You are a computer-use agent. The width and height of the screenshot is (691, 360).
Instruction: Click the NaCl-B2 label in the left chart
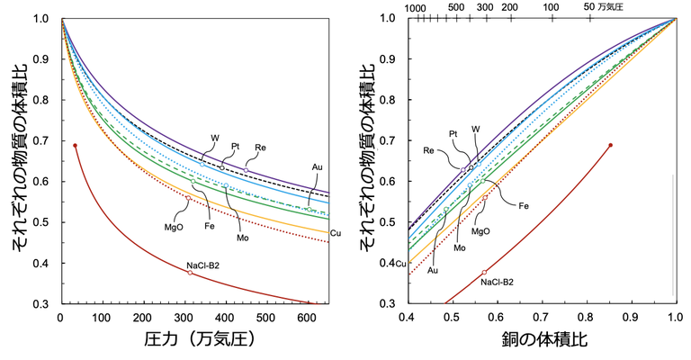coord(203,265)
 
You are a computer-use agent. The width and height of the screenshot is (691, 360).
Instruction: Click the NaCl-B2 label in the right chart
coord(497,282)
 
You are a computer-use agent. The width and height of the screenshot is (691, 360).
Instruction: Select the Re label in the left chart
coord(260,146)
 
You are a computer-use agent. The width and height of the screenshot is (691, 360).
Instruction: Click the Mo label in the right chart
coord(460,247)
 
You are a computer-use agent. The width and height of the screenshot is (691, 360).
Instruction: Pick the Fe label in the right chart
coord(523,206)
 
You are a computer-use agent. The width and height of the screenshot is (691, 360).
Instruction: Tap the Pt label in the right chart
coord(453,133)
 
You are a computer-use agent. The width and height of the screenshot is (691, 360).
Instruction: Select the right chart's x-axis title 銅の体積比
coord(540,341)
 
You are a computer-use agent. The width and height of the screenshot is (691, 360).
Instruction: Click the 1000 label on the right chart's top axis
coord(416,7)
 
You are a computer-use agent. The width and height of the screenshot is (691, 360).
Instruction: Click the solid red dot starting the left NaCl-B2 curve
coord(76,145)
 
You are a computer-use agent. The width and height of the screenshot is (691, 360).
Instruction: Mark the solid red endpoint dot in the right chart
coord(611,145)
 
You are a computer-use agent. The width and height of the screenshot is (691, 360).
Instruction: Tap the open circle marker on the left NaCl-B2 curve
coord(190,273)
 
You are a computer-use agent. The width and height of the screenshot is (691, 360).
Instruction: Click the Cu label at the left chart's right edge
coord(336,233)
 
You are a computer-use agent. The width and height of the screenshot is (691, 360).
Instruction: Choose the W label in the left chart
coord(215,139)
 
